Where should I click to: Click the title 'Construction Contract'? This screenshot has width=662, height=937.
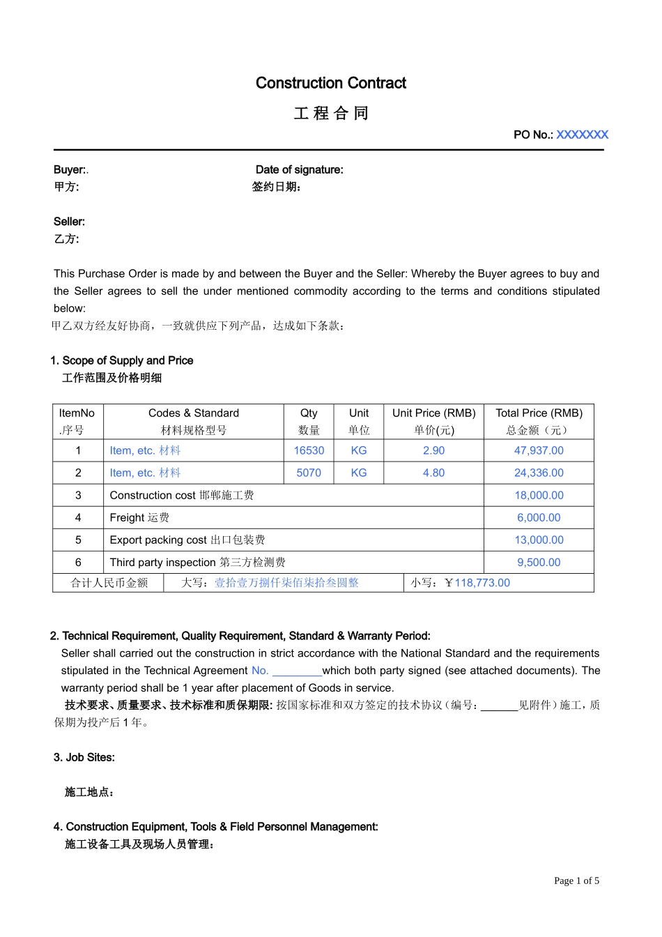tap(330, 83)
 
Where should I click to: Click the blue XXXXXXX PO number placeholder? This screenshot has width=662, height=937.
tap(582, 135)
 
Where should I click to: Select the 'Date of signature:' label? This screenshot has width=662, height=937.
tap(299, 169)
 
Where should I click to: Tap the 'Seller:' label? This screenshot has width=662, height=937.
tap(69, 222)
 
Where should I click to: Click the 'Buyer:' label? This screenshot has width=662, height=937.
tap(70, 169)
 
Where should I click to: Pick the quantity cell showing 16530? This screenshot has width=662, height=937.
tap(309, 450)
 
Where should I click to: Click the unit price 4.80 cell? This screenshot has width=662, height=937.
tap(433, 473)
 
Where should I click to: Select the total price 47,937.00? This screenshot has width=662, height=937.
tap(539, 450)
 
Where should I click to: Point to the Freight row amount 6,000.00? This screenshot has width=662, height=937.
tap(539, 517)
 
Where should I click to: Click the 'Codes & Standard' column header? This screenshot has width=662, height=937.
tap(194, 413)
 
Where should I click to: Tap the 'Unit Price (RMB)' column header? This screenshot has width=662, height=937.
tap(433, 413)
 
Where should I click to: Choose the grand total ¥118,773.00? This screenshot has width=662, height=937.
tap(477, 583)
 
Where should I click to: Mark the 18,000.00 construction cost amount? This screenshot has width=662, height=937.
tap(539, 495)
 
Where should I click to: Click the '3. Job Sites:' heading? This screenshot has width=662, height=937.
tap(84, 757)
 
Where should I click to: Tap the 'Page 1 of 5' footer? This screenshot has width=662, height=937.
tap(576, 881)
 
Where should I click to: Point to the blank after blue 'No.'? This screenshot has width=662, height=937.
tap(297, 671)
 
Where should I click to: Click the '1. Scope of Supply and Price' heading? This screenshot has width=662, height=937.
tap(121, 360)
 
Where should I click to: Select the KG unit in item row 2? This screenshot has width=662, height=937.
tap(359, 473)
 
